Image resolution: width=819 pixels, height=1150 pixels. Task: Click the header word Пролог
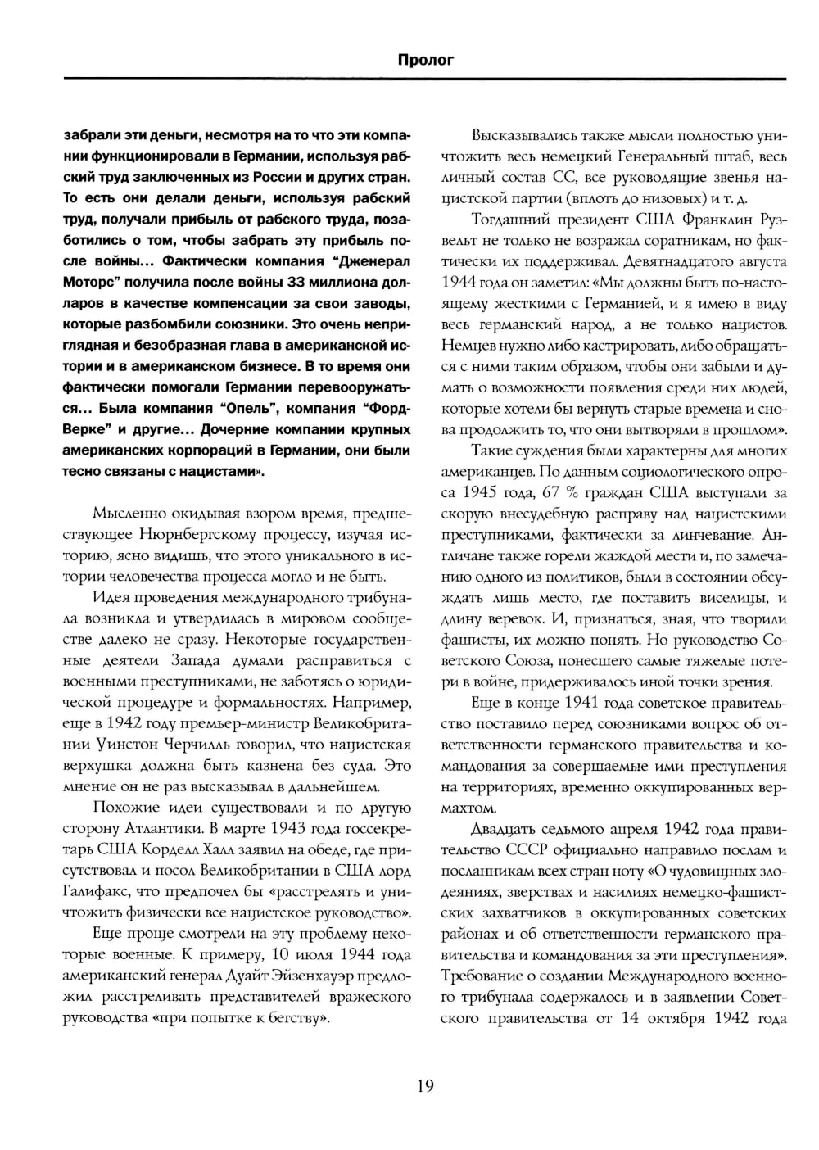coord(425,60)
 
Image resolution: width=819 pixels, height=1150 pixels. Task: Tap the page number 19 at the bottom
coord(425,1086)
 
